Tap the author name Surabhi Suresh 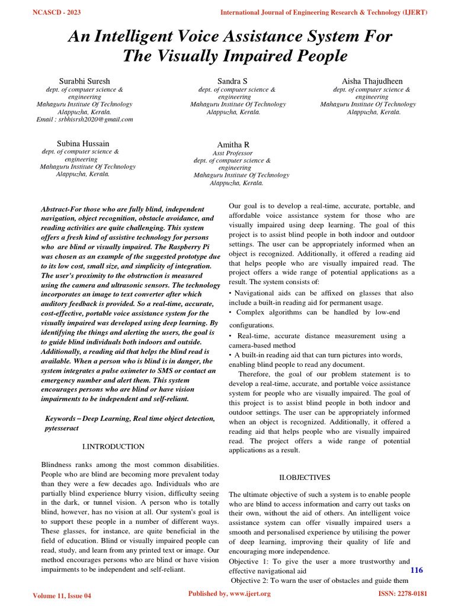[84, 80]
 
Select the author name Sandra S [232, 80]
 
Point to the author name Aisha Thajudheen [371, 80]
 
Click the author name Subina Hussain [83, 143]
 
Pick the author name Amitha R [233, 145]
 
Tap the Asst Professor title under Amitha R [232, 153]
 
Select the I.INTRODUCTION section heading [113, 446]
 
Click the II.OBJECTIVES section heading [305, 477]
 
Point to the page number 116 [416, 570]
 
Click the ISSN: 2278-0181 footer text [402, 594]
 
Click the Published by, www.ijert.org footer [229, 594]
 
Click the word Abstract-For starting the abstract [63, 209]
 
